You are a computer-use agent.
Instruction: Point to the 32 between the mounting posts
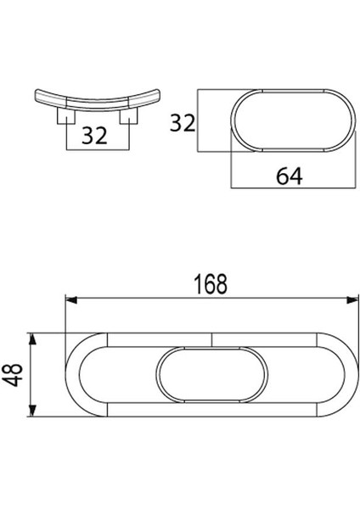point(95,134)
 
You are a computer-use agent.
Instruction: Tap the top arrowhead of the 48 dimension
point(33,338)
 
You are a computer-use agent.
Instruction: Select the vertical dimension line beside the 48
point(33,374)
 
